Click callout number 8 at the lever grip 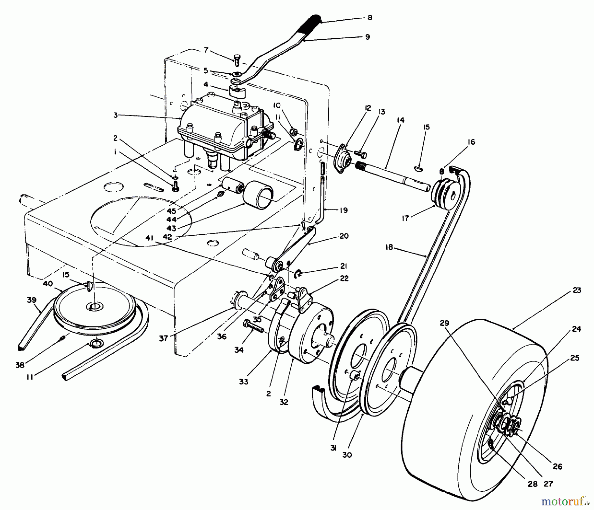pyautogui.click(x=370, y=18)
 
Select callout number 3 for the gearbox pyautogui.click(x=115, y=115)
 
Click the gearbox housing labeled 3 pyautogui.click(x=218, y=126)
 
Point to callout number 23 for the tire pyautogui.click(x=577, y=290)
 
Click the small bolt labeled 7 pyautogui.click(x=236, y=60)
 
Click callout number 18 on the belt pyautogui.click(x=390, y=247)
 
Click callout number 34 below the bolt pyautogui.click(x=239, y=350)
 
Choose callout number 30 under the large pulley pyautogui.click(x=347, y=455)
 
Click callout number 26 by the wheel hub pyautogui.click(x=557, y=467)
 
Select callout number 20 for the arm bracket pyautogui.click(x=344, y=236)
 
